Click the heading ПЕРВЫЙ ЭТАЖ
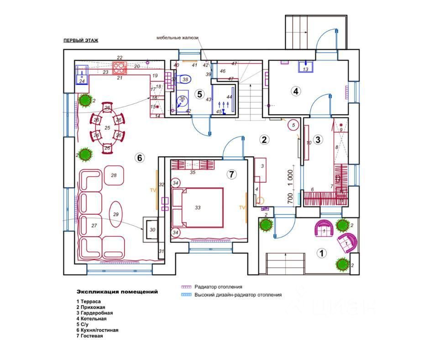click(x=81, y=40)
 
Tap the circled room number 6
click(x=140, y=158)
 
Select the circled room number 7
click(x=231, y=174)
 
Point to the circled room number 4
click(x=296, y=91)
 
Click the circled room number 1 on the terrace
click(x=321, y=252)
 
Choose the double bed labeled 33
click(x=198, y=207)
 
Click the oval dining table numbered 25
click(x=107, y=128)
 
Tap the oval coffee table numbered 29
click(x=115, y=214)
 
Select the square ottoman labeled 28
click(x=114, y=175)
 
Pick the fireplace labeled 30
click(x=152, y=229)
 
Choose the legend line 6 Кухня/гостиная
click(x=97, y=330)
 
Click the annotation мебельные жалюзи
click(x=177, y=38)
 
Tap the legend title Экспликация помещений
click(x=117, y=291)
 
